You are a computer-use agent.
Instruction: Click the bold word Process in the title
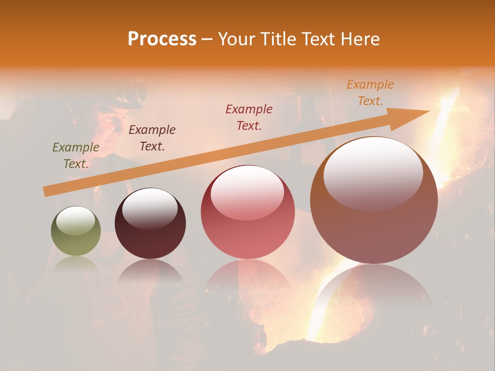pos(162,39)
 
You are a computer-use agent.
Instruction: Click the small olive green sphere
pos(76,231)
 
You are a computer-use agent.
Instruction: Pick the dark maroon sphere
pos(150,224)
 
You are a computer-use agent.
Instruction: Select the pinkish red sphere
pos(247,212)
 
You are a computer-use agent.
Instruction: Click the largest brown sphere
pos(374,201)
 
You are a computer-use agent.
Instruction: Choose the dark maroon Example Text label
pos(152,138)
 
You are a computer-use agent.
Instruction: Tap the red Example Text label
pos(249,117)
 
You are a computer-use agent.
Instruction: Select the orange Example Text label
pos(370,93)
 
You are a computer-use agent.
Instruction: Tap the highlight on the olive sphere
pos(76,221)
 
